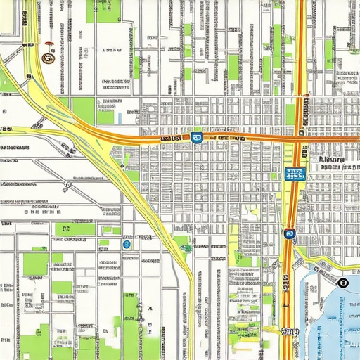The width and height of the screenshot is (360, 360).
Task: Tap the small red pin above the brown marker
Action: click(x=49, y=44)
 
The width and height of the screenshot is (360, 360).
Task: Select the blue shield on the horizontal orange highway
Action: click(x=197, y=138)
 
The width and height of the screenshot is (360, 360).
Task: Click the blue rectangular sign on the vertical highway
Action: click(x=295, y=174)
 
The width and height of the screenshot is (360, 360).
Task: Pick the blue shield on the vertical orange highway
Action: click(x=289, y=233)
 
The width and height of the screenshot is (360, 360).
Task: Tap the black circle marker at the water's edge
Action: click(x=342, y=283)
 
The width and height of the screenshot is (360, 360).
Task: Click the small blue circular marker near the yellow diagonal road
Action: click(x=127, y=245)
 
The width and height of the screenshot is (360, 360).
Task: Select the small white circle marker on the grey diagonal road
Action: click(x=67, y=186)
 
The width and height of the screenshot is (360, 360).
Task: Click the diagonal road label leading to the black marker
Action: click(x=325, y=271)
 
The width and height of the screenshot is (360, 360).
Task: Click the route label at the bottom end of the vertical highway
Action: click(x=288, y=330)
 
